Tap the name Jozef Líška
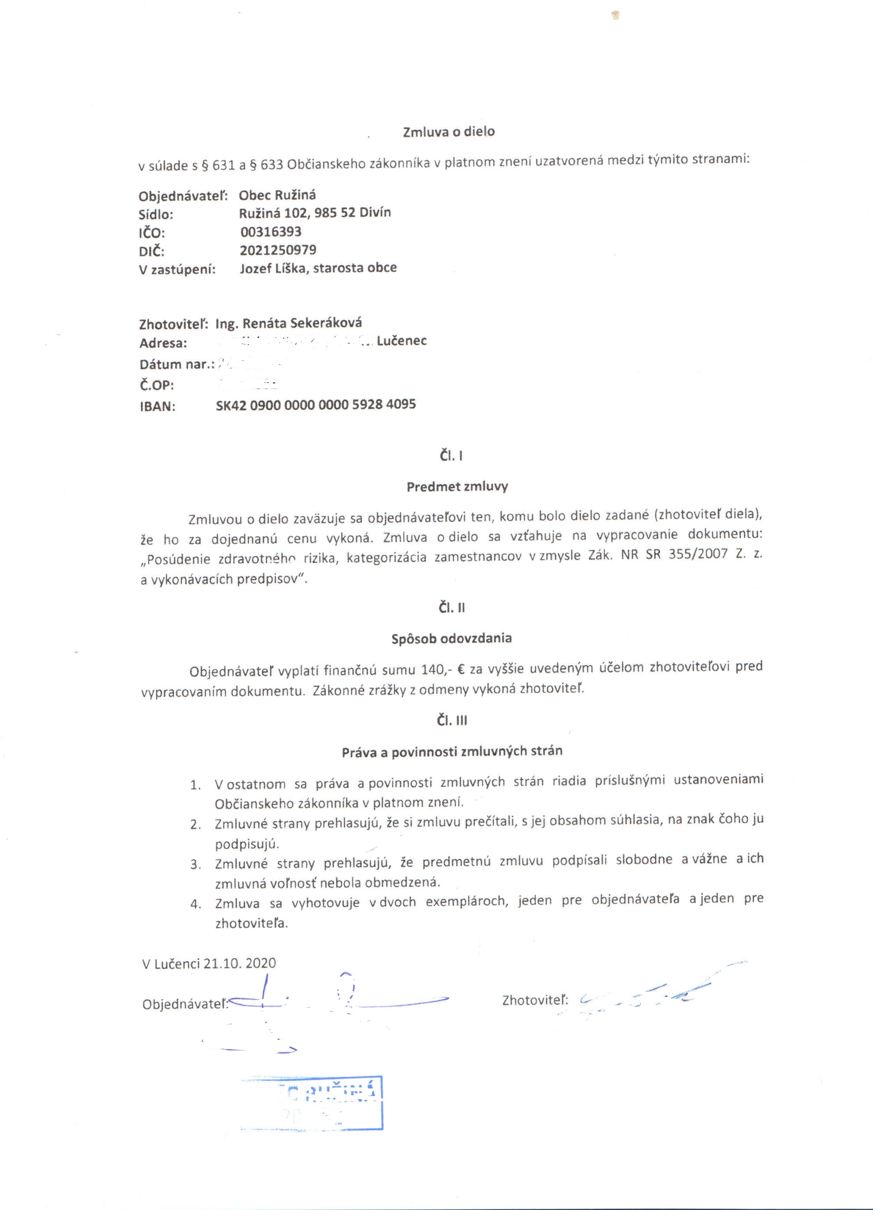[274, 268]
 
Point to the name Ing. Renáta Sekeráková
[289, 323]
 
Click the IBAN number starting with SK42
[315, 404]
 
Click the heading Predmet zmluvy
[457, 487]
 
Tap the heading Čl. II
[451, 608]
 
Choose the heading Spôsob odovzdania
[451, 638]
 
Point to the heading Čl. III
[452, 720]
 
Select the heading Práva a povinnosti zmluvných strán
[452, 752]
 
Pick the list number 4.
[196, 904]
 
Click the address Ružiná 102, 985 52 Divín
[315, 213]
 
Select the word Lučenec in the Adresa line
[401, 340]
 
